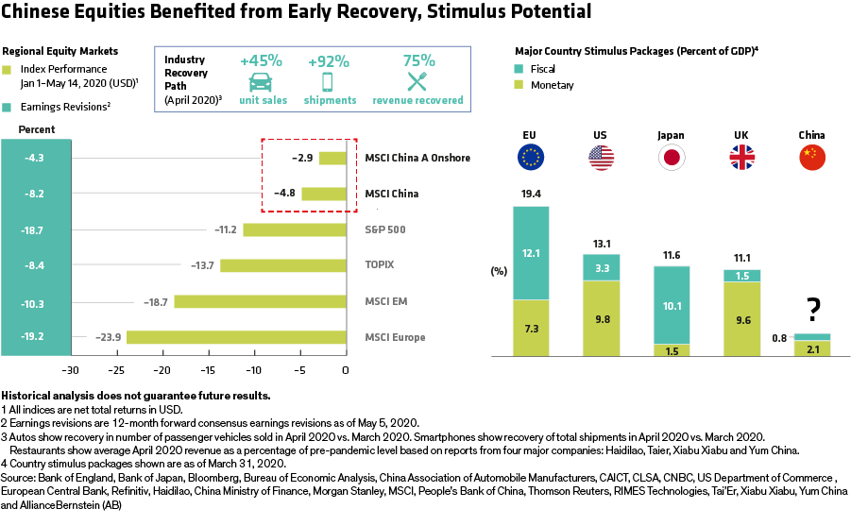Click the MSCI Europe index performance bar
tap(236, 337)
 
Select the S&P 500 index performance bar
tap(294, 229)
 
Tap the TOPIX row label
tap(379, 265)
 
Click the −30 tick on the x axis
tap(70, 369)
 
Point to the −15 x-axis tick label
tap(208, 369)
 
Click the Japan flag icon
tap(671, 158)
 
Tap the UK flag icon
tap(740, 158)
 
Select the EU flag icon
tap(531, 158)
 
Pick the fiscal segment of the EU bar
tap(531, 252)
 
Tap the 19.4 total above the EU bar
tap(530, 195)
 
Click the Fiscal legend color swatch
tap(520, 69)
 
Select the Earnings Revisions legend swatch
tap(8, 108)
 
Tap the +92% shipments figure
tap(327, 61)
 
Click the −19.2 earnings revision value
tap(35, 337)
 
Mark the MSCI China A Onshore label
tap(417, 158)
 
